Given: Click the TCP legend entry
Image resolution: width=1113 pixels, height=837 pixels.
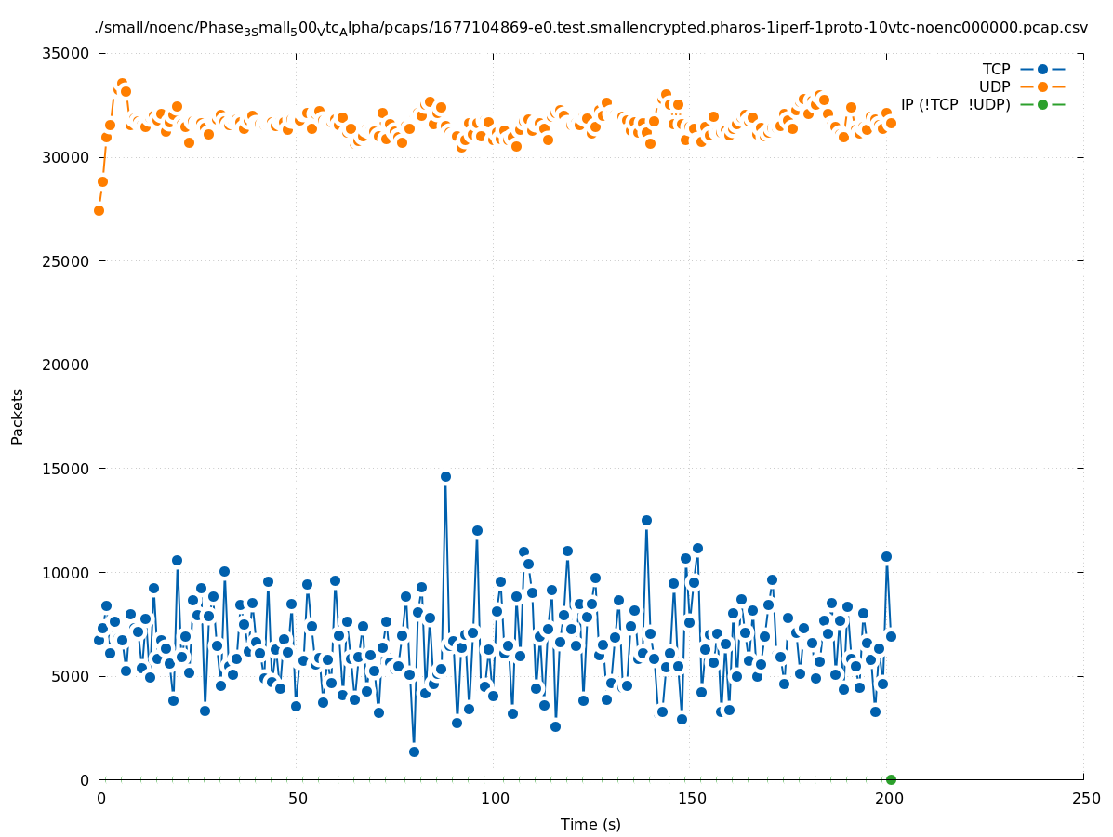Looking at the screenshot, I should (x=996, y=69).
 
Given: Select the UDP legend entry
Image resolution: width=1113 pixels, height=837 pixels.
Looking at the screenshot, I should (x=995, y=86).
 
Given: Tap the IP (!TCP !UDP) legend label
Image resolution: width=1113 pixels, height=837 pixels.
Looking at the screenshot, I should (x=955, y=104).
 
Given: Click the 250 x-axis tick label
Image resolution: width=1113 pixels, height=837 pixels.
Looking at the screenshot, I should (x=1084, y=798).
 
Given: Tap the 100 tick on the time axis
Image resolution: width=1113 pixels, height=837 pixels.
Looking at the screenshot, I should (x=495, y=798).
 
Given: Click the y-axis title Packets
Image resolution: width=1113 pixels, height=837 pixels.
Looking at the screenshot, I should (x=18, y=416).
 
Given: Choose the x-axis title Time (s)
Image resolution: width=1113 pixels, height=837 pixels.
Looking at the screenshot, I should (x=590, y=824).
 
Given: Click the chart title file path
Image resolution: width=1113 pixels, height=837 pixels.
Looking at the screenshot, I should (x=590, y=28).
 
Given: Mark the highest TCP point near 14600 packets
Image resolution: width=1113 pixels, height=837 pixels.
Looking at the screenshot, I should (x=445, y=476).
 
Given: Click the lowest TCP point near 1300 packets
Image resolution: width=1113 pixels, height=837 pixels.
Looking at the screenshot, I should (x=414, y=751).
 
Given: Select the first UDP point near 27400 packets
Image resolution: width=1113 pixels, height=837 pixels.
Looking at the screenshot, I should (x=99, y=210).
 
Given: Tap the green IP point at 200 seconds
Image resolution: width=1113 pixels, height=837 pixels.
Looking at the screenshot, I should (x=891, y=779).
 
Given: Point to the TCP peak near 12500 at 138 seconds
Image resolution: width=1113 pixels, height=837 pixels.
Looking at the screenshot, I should (x=646, y=520).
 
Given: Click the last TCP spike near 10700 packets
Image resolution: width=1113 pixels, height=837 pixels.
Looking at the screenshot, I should (x=886, y=556).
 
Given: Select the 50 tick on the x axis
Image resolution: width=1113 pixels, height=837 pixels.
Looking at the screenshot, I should (x=298, y=798).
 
